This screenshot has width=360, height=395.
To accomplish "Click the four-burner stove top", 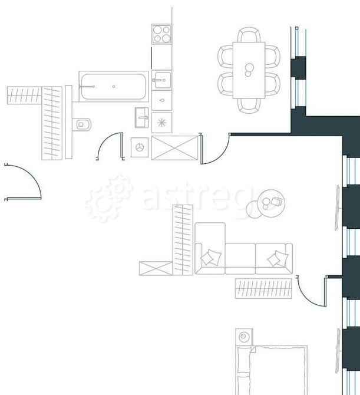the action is pyautogui.click(x=161, y=34).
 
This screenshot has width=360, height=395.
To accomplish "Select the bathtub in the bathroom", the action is pyautogui.click(x=114, y=87).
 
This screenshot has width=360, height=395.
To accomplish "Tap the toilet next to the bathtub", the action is pyautogui.click(x=81, y=124).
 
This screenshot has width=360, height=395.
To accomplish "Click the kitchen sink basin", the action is pyautogui.click(x=162, y=80).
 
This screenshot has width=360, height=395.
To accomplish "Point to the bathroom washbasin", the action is pyautogui.click(x=141, y=118).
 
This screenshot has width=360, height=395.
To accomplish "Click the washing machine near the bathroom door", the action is pyautogui.click(x=140, y=147).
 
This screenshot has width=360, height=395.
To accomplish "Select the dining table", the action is pyautogui.click(x=249, y=70).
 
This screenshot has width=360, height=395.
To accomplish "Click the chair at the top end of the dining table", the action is pyautogui.click(x=249, y=35).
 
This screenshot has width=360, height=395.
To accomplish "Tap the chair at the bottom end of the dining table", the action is pyautogui.click(x=249, y=106).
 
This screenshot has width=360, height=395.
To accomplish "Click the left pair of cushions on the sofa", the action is pyautogui.click(x=211, y=258).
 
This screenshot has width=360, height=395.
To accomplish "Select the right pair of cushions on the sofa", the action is pyautogui.click(x=278, y=259).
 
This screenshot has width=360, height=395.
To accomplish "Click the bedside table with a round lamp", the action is pyautogui.click(x=244, y=337).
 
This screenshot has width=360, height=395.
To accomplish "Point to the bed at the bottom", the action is pyautogui.click(x=272, y=370).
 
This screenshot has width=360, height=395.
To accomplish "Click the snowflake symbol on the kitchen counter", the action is pyautogui.click(x=161, y=123).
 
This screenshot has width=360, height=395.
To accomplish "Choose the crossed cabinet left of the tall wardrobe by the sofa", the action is pyautogui.click(x=156, y=268).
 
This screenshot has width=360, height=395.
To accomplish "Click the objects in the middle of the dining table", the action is pyautogui.click(x=249, y=70).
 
